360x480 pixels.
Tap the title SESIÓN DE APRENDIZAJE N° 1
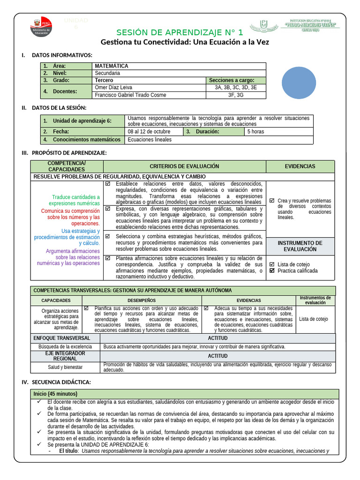[x=180, y=32]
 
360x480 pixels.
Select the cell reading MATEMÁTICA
[x=112, y=66]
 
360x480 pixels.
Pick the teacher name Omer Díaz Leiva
[x=113, y=87]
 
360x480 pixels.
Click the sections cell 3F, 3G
[x=236, y=95]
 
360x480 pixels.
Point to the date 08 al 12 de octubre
[x=149, y=132]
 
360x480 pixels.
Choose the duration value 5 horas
[x=256, y=132]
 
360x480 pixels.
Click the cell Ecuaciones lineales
[x=150, y=139]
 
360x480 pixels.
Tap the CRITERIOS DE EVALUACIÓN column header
[x=184, y=166]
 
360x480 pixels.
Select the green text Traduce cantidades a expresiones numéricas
[x=75, y=200]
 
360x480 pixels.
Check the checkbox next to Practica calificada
[x=272, y=270]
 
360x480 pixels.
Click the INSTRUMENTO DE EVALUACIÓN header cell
[x=300, y=246]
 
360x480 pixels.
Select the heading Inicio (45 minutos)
[x=55, y=394]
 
